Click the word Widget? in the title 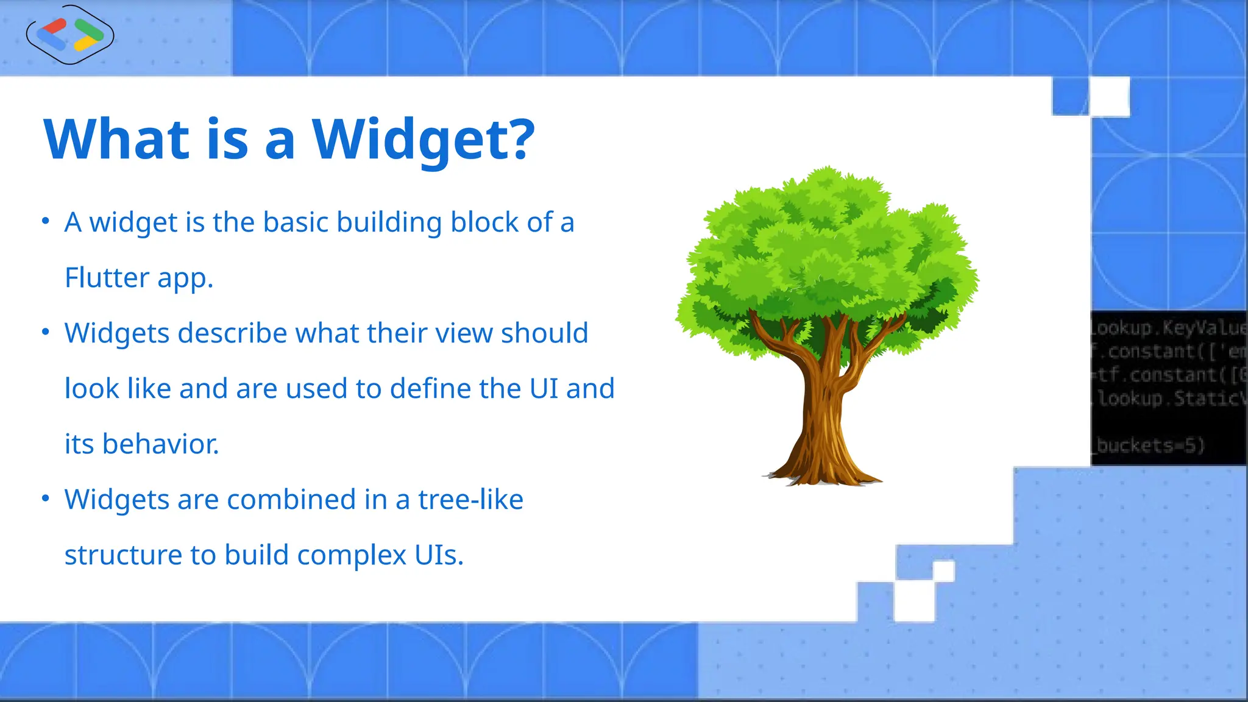[424, 140]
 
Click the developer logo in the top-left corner [70, 35]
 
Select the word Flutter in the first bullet [107, 278]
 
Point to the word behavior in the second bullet [160, 444]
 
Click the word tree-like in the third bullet [470, 500]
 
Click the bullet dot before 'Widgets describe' [45, 331]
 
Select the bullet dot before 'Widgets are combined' [45, 498]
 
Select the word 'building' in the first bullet [389, 223]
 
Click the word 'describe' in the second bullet [232, 334]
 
